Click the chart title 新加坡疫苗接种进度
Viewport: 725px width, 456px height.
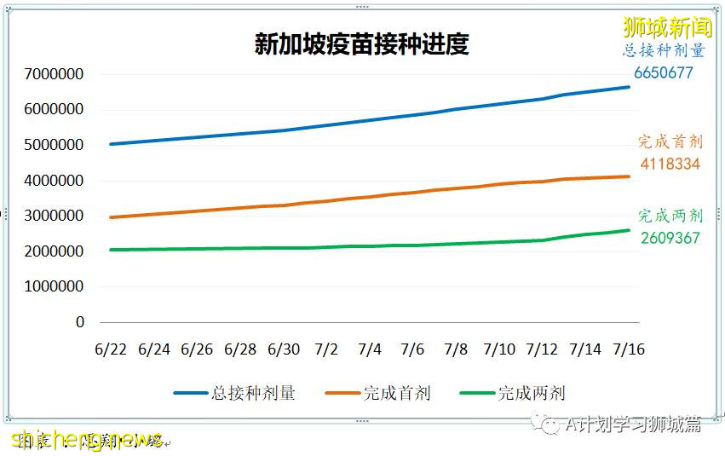coord(361,44)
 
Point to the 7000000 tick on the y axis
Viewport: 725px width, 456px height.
coord(55,74)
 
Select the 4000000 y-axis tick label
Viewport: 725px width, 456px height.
coord(55,181)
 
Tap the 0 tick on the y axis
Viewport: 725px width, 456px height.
coord(80,322)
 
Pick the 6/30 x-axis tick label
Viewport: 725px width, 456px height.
coord(284,349)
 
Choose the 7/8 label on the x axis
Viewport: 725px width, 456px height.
coord(456,349)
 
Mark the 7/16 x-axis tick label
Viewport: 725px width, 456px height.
coord(629,349)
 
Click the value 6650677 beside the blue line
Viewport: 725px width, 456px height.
coord(664,73)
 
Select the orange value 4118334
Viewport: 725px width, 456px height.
coord(670,164)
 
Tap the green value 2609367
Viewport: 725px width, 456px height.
coord(670,238)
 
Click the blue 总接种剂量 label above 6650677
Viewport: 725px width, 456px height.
coord(664,51)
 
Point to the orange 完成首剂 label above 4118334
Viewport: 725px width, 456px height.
coord(670,141)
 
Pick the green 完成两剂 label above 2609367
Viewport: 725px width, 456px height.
coord(670,216)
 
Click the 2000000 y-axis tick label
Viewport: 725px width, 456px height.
coord(55,251)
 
